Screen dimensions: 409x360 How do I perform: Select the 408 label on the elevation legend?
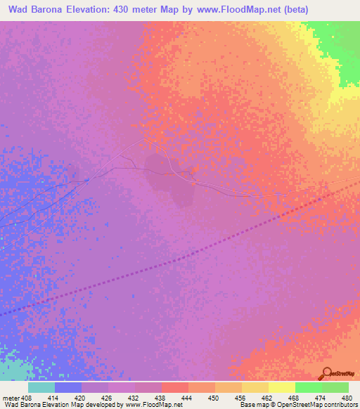tap(27, 398)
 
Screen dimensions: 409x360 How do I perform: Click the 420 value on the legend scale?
tap(82, 398)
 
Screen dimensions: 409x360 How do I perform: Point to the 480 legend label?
tap(346, 398)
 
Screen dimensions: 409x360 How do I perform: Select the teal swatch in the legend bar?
tap(41, 387)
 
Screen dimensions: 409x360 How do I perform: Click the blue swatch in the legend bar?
tap(68, 387)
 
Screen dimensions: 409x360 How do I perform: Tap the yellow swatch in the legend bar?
tap(282, 387)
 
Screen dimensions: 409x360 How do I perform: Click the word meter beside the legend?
tap(10, 398)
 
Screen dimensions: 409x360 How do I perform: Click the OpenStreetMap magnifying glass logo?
tap(326, 374)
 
